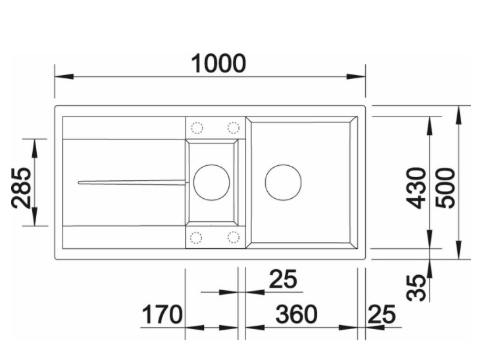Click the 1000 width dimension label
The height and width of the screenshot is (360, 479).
218,63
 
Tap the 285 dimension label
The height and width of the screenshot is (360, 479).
22,188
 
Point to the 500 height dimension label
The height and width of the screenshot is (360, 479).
445,188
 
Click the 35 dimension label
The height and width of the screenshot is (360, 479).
416,288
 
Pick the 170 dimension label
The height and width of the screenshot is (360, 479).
163,315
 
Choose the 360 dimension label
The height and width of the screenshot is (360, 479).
296,315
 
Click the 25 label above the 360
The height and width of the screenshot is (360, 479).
283,278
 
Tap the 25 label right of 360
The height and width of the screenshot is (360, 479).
382,315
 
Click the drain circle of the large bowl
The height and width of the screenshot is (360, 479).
283,182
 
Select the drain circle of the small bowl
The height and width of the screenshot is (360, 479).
211,182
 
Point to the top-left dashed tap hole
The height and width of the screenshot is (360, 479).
197,128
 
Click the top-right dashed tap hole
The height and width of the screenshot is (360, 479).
234,128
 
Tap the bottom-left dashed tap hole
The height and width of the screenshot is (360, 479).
196,238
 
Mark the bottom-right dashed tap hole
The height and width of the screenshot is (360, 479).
233,238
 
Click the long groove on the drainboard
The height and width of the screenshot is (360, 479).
132,182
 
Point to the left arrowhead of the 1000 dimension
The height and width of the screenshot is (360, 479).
64,76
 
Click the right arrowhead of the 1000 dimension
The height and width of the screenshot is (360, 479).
356,76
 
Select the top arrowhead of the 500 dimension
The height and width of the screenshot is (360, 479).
458,115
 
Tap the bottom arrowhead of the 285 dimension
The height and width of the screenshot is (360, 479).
34,217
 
